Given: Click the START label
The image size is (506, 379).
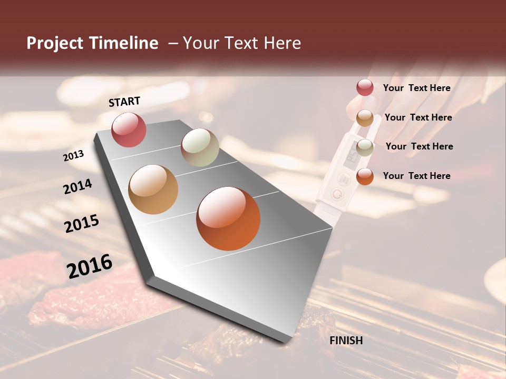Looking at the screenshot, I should [x=124, y=102].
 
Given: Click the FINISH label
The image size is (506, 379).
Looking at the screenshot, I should [x=346, y=341].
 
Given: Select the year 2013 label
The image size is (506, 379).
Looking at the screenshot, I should [x=74, y=155].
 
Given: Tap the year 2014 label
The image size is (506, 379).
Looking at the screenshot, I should [x=77, y=186].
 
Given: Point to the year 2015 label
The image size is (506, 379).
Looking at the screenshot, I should [x=82, y=224].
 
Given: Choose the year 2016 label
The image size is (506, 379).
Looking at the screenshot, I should [x=90, y=266].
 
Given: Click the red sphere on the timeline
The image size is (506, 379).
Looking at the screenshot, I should [x=129, y=129].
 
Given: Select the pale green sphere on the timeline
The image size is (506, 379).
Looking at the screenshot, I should [x=200, y=147].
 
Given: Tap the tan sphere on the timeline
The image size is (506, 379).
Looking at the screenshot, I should [x=153, y=189].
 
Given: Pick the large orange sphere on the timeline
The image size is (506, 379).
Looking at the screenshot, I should [x=228, y=218].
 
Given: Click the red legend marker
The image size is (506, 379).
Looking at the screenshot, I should [x=365, y=88].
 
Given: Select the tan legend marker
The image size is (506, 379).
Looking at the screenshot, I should [x=365, y=118].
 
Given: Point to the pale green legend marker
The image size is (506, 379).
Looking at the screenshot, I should [x=365, y=147].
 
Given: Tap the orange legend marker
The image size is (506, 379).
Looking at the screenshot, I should [x=365, y=176].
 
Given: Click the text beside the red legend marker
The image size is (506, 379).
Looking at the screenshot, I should [x=416, y=88].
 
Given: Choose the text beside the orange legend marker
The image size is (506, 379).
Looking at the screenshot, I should [x=416, y=176].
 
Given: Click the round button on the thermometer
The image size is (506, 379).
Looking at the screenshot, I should [x=336, y=194].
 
